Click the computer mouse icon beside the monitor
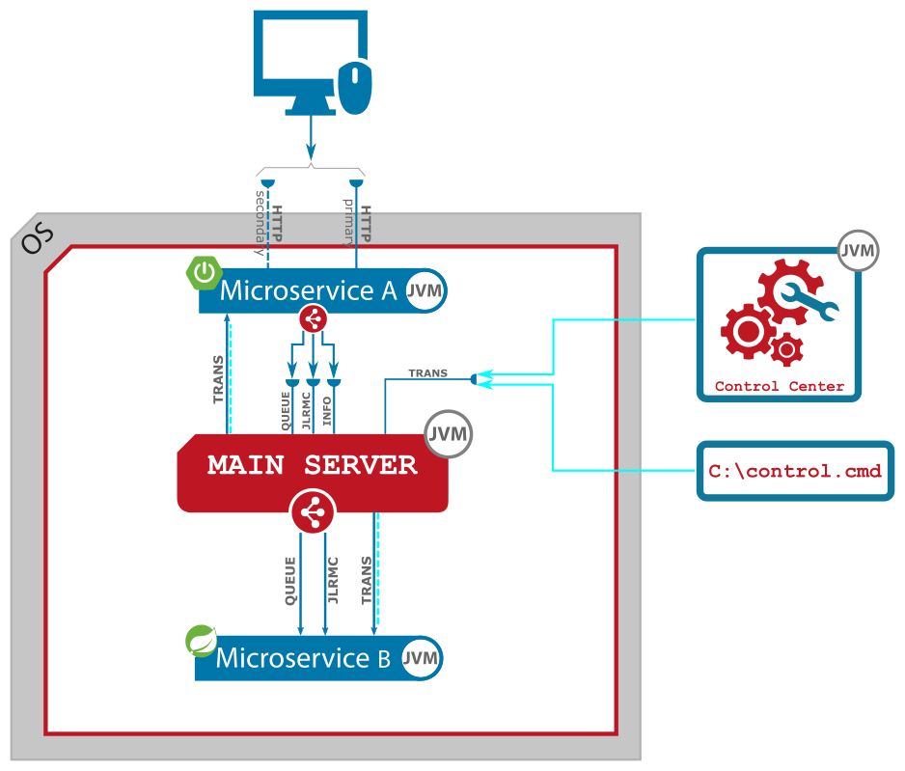tap(355, 87)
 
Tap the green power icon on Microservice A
tap(204, 274)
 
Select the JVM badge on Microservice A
tap(425, 290)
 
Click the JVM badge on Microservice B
tap(421, 659)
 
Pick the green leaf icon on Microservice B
tap(202, 641)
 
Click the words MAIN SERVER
tap(313, 465)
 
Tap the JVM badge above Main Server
tap(448, 435)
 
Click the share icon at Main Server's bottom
tap(313, 512)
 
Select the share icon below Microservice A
tap(313, 318)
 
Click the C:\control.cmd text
tap(795, 472)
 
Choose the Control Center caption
tap(780, 387)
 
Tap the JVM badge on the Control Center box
tap(858, 251)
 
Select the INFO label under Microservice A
tap(327, 410)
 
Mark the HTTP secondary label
tap(268, 222)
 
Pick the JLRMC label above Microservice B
tap(333, 580)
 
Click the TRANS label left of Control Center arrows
tap(427, 373)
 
